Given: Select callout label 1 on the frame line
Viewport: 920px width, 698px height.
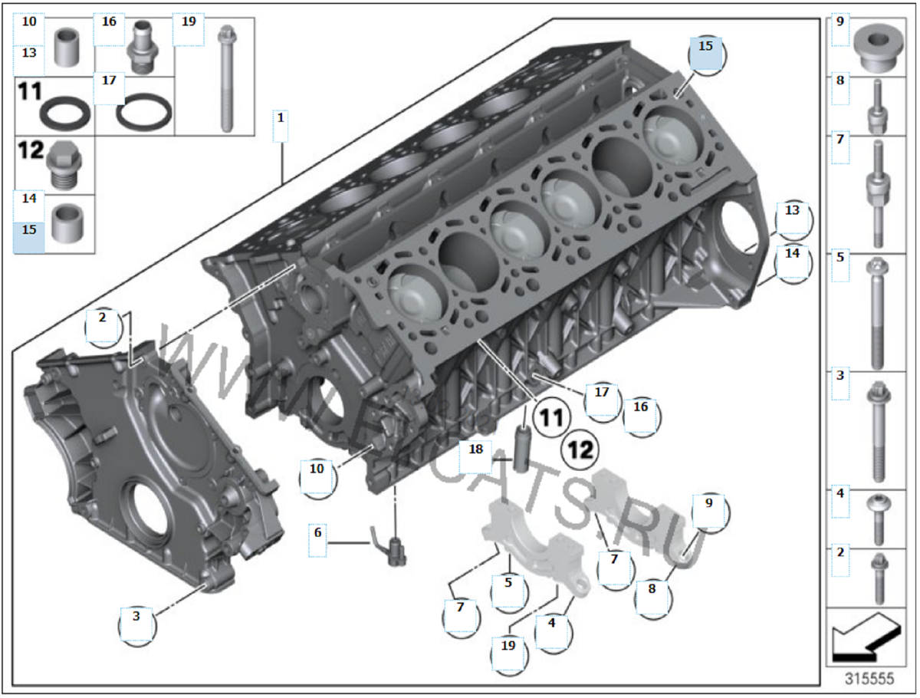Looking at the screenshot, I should click(x=281, y=119).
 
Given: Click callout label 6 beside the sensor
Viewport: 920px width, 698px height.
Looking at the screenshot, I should click(x=317, y=531).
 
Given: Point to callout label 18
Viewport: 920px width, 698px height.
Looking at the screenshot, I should click(x=476, y=447).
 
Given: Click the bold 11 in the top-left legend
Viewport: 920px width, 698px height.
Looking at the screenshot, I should click(x=29, y=91).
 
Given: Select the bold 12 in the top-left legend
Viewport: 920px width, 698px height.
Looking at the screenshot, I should click(x=31, y=150).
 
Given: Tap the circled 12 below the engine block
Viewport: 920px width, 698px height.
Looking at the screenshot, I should click(x=580, y=449).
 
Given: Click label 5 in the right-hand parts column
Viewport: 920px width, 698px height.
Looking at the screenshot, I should click(x=840, y=258).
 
